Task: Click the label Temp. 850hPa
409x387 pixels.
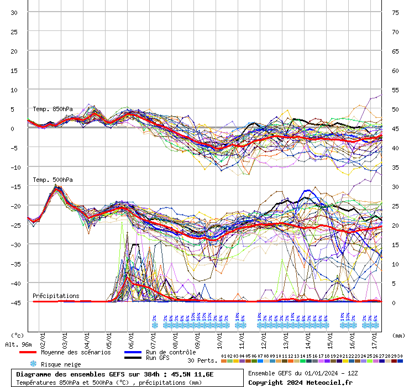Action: (x=53, y=109)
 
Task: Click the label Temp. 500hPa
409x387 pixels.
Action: (x=53, y=180)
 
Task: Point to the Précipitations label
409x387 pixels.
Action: (x=56, y=296)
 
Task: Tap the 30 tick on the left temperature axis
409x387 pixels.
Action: (x=14, y=13)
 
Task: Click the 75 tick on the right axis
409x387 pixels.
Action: (x=395, y=13)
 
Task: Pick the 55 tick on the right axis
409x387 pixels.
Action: (x=395, y=90)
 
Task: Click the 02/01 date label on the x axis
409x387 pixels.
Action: (x=43, y=337)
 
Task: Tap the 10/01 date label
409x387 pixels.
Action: (x=219, y=337)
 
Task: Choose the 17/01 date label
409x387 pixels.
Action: (x=374, y=337)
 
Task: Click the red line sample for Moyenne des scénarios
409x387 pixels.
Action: (x=28, y=352)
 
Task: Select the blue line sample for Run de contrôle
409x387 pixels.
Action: (x=133, y=352)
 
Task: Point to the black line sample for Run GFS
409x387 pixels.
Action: (x=133, y=358)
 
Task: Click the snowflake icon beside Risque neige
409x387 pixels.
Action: (x=33, y=364)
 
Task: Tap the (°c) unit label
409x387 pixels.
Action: (x=18, y=335)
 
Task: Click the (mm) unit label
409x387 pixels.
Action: (x=398, y=335)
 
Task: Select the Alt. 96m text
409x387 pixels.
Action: (x=17, y=344)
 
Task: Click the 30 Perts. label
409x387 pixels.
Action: (x=202, y=360)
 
